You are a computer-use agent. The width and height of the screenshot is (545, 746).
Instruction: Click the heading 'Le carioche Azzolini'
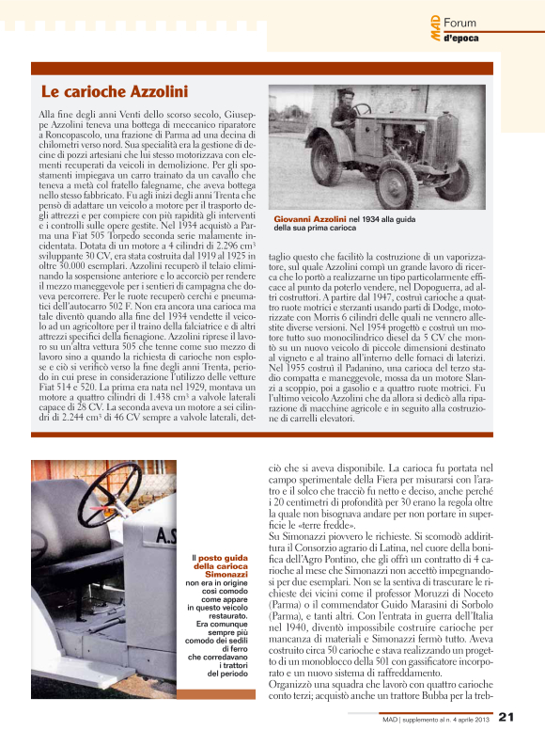(115, 91)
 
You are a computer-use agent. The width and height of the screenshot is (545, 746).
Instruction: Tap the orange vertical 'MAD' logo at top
(436, 24)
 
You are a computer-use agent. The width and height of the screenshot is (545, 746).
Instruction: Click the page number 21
(506, 719)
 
